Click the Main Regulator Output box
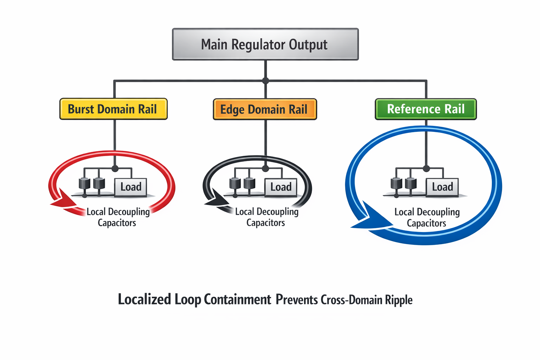[265, 44]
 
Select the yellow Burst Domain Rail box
[113, 109]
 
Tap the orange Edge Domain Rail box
[265, 109]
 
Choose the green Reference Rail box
[426, 109]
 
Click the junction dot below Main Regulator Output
[265, 81]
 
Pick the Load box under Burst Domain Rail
[131, 187]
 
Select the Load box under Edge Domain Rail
[281, 187]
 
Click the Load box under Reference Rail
[442, 187]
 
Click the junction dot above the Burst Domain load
[115, 168]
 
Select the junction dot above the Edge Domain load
[265, 168]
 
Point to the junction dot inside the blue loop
[426, 168]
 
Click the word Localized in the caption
[144, 300]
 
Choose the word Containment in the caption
[237, 300]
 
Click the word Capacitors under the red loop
[117, 223]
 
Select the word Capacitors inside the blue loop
[426, 223]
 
